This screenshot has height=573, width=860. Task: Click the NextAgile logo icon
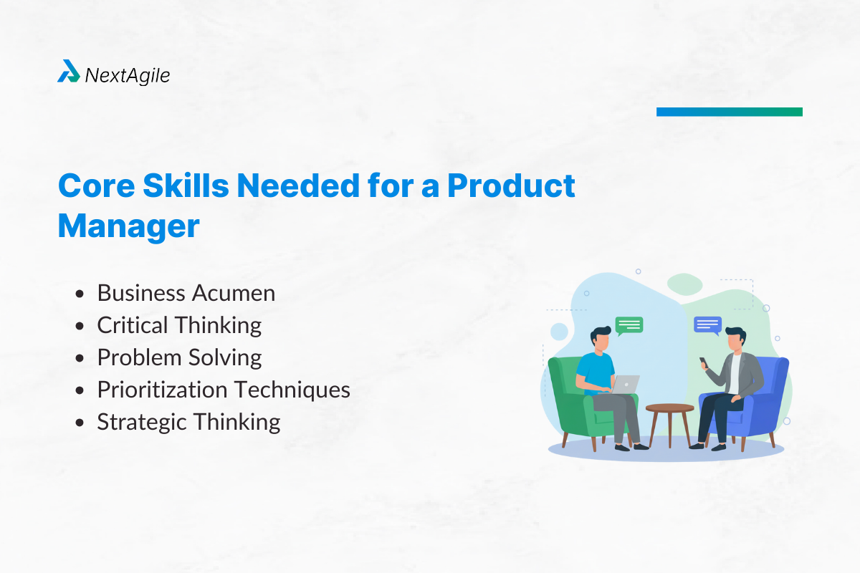pyautogui.click(x=69, y=71)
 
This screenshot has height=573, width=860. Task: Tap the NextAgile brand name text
pyautogui.click(x=128, y=74)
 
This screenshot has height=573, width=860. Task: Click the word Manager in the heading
pyautogui.click(x=129, y=226)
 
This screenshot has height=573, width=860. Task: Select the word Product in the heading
pyautogui.click(x=512, y=186)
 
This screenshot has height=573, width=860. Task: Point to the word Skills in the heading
pyautogui.click(x=182, y=186)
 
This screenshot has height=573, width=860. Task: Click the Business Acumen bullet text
pyautogui.click(x=186, y=293)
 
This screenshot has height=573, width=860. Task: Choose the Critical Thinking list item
pyautogui.click(x=179, y=325)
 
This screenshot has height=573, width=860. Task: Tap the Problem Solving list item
pyautogui.click(x=179, y=357)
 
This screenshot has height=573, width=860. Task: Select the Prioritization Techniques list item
pyautogui.click(x=224, y=390)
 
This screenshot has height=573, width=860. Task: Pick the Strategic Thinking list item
pyautogui.click(x=188, y=422)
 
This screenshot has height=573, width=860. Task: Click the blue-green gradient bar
pyautogui.click(x=729, y=112)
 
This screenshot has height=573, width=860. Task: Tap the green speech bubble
pyautogui.click(x=629, y=326)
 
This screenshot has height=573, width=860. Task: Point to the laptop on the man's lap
pyautogui.click(x=625, y=384)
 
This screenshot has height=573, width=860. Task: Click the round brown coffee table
pyautogui.click(x=669, y=409)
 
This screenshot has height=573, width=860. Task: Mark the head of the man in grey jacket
pyautogui.click(x=734, y=339)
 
